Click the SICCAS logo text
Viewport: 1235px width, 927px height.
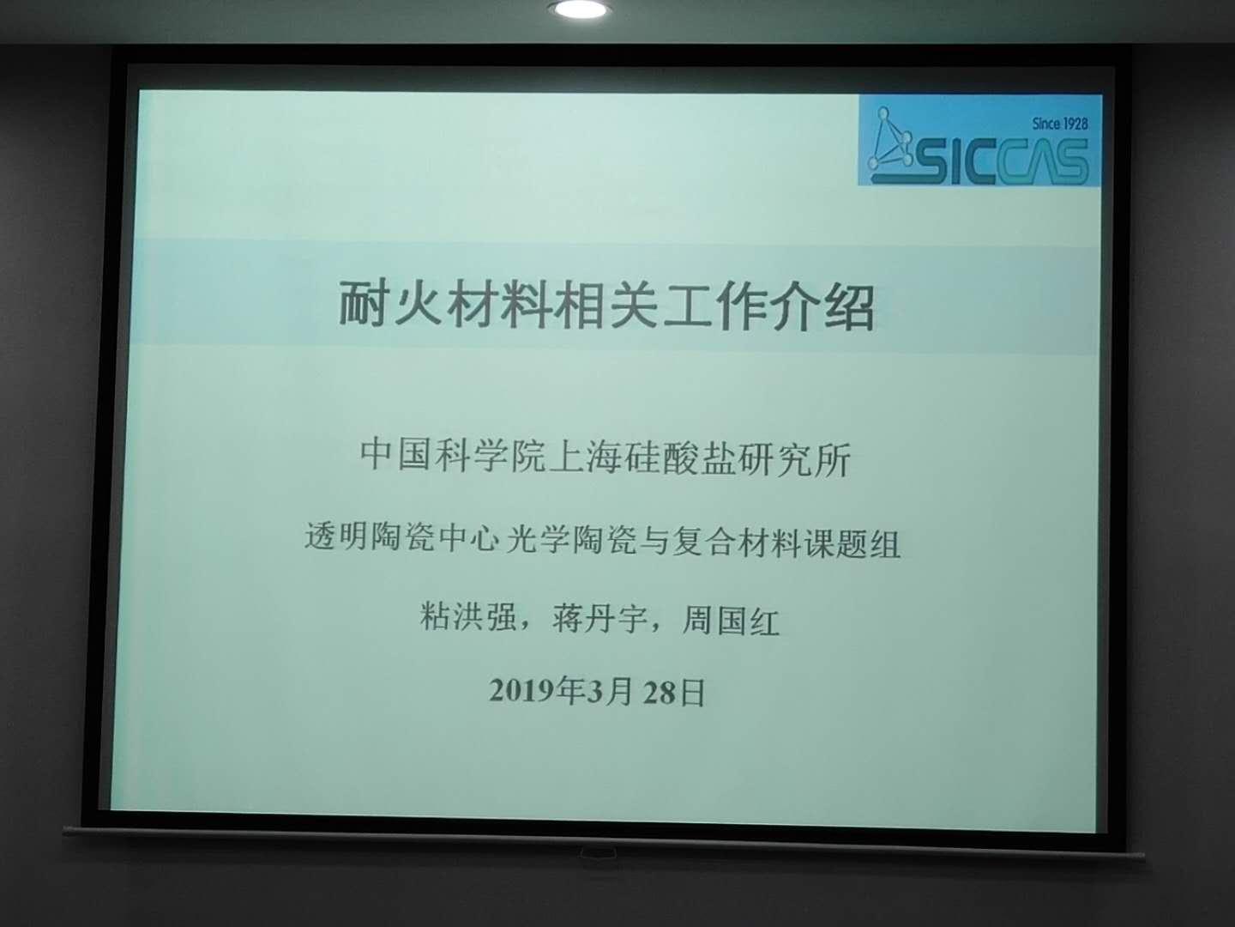click(x=995, y=161)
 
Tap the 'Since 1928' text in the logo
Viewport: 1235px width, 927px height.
click(x=1059, y=124)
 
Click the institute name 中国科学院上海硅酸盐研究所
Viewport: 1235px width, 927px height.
click(x=605, y=457)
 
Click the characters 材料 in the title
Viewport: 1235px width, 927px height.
click(x=498, y=305)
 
